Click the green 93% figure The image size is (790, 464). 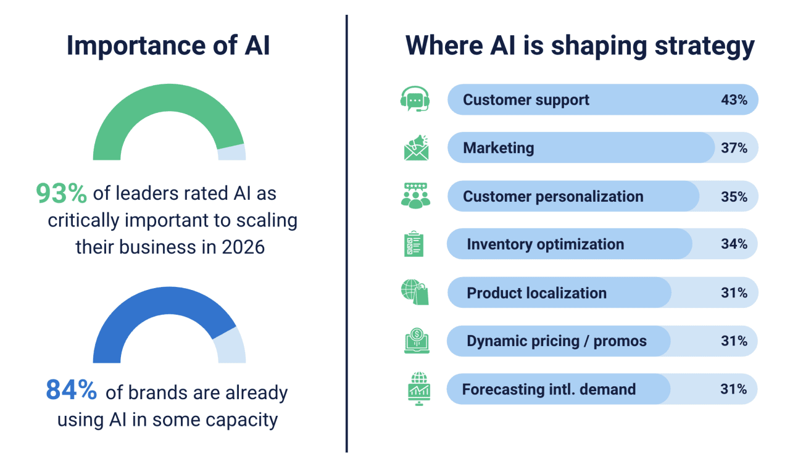[61, 193]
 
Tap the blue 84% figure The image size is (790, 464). [71, 390]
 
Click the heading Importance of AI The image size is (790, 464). [168, 46]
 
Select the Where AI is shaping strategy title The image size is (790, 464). [580, 46]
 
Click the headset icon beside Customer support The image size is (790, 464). [415, 99]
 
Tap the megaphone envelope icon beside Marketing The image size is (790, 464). [416, 147]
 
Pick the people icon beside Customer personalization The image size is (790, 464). [415, 196]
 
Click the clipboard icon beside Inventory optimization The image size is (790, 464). [413, 244]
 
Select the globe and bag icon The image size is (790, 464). [415, 292]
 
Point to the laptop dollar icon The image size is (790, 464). [417, 341]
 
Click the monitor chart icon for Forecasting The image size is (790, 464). [419, 389]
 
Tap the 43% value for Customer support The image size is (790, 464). [734, 100]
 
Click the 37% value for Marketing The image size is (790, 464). [734, 148]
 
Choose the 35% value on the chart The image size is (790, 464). [734, 197]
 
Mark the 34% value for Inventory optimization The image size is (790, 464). [734, 244]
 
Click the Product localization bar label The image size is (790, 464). [536, 293]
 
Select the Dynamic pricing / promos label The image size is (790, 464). [557, 341]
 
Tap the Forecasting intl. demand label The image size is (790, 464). [549, 389]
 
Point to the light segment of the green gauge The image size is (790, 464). [232, 152]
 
